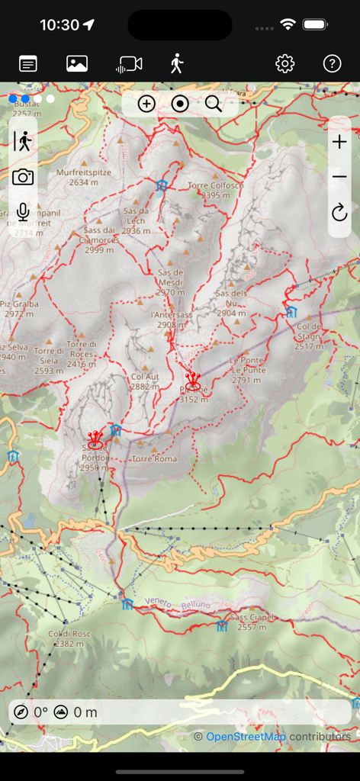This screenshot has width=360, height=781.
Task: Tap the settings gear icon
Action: coord(284,64)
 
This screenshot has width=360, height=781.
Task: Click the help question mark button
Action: coord(332,64)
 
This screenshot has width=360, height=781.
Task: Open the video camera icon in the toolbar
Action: coord(129,64)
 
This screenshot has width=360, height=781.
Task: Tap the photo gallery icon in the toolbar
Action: coord(77,64)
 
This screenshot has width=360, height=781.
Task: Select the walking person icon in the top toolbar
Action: coord(177,64)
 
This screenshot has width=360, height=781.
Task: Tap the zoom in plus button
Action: coord(339,142)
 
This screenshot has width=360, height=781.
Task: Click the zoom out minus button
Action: coord(339,177)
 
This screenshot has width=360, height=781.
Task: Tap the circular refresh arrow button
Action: coord(339,212)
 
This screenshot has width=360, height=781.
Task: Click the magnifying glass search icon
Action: coord(214,104)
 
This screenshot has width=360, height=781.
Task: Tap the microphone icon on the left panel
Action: coord(23,212)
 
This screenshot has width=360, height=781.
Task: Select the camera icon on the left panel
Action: coord(23,177)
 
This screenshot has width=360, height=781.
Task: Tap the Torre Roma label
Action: coord(154,458)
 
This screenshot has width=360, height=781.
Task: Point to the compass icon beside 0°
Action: coord(20,712)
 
